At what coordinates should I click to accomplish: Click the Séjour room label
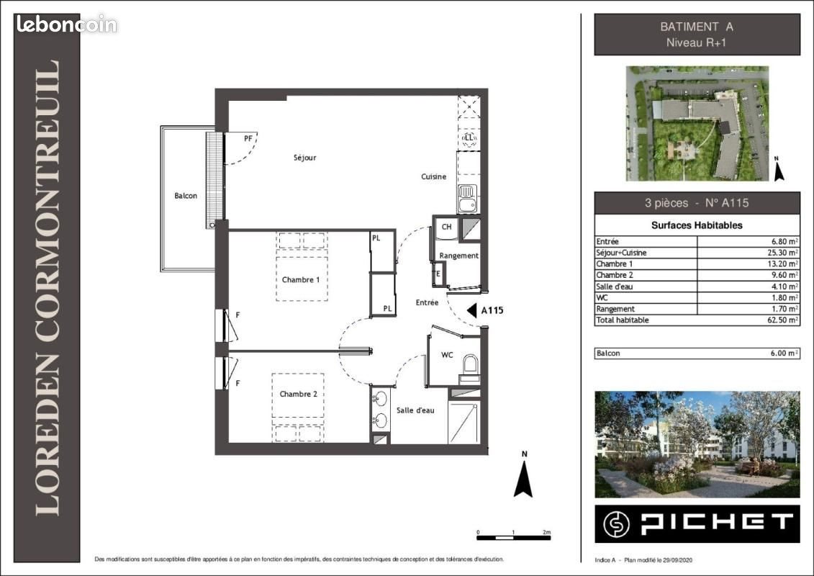pos(304,158)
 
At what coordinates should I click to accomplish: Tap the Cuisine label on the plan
pos(434,176)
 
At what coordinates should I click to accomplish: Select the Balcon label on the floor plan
pos(185,196)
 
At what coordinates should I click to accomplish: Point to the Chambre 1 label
pos(300,279)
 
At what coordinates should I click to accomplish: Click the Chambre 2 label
pos(298,394)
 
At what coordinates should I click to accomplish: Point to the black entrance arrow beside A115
pos(472,310)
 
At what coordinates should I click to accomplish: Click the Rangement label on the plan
pos(458,256)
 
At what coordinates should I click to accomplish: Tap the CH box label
pos(446,227)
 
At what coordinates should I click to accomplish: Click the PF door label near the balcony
pos(248,138)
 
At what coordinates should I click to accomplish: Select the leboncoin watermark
pos(66,24)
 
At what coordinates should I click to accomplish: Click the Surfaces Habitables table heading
pos(697,225)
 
